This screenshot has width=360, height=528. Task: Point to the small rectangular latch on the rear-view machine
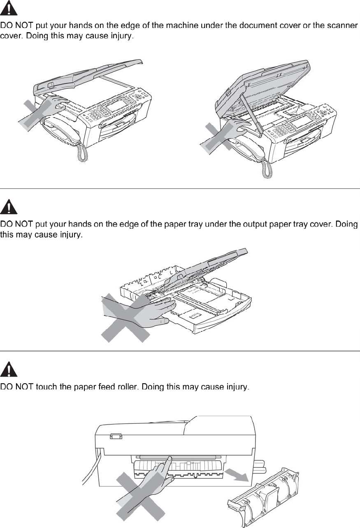[x=115, y=436]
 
